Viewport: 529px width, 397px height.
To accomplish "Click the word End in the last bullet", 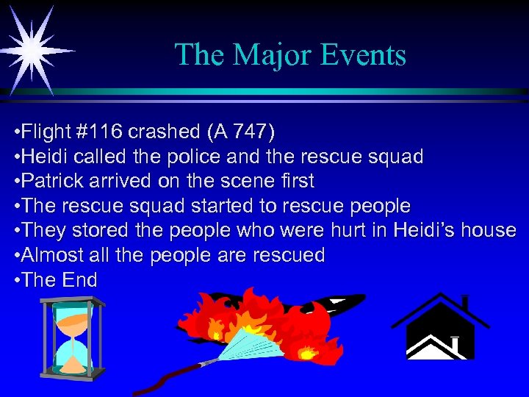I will coord(80,280).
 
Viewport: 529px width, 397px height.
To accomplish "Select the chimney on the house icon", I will coord(464,303).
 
